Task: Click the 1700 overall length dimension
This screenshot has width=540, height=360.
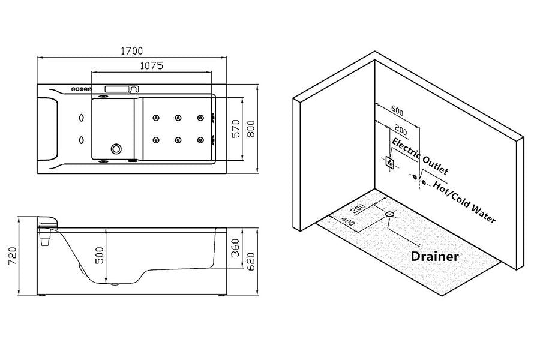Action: (131, 52)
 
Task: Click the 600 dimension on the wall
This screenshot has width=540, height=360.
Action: (397, 110)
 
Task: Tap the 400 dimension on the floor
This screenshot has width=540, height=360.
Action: (348, 221)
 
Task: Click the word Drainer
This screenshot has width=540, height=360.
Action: (435, 256)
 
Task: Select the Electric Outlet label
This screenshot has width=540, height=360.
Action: (419, 152)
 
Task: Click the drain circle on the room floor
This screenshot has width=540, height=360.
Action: (390, 214)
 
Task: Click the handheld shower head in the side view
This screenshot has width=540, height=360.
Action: (47, 230)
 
